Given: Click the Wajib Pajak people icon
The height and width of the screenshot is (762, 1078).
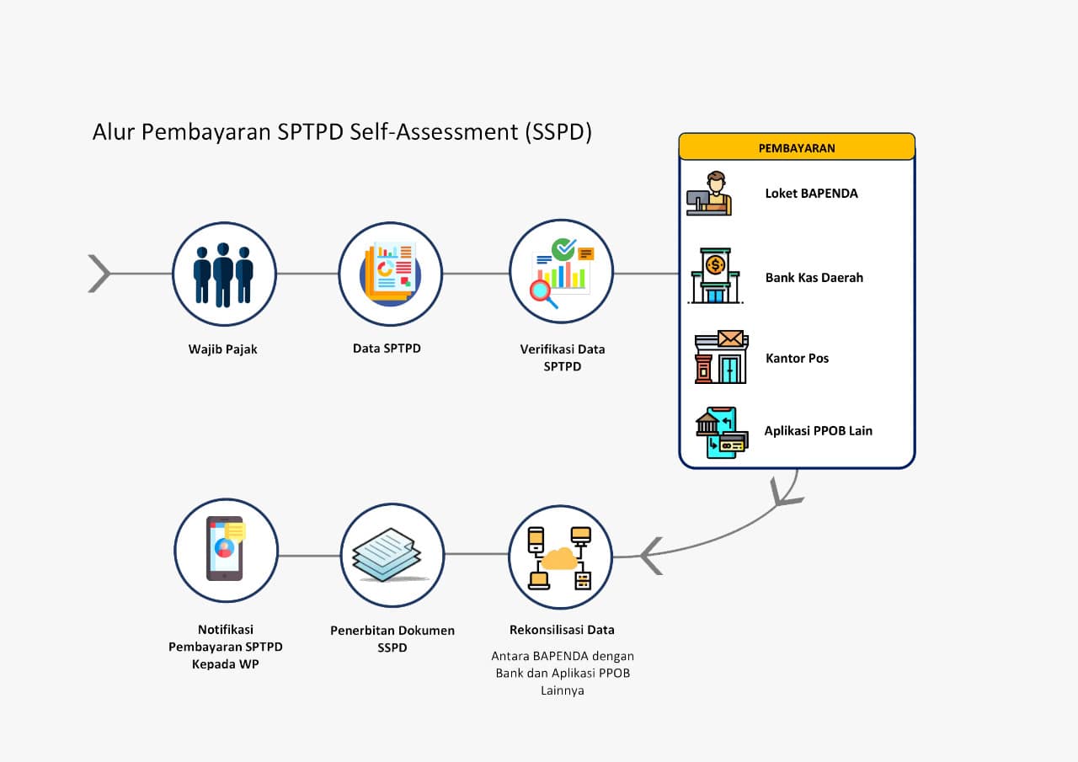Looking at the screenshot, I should click(x=224, y=274).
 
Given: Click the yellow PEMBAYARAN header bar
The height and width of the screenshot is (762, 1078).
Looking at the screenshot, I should click(x=797, y=147).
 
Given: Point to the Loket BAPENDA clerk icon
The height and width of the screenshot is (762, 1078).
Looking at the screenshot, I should click(x=709, y=194).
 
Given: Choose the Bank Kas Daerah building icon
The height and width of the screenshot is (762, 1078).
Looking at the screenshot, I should click(x=715, y=276).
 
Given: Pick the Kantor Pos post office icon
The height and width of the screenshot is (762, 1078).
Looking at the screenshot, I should click(x=720, y=357).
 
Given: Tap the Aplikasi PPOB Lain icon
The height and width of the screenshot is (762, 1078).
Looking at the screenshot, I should click(x=721, y=432).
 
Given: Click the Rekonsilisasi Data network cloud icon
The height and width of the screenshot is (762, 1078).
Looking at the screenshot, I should click(x=560, y=557).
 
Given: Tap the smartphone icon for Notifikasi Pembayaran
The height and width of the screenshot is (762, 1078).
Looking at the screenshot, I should click(x=225, y=549).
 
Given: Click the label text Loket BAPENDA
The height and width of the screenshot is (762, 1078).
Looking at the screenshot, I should click(x=811, y=194).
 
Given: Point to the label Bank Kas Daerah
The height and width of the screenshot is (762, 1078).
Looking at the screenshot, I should click(x=814, y=278).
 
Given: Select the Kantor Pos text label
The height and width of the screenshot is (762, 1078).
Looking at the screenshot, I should click(x=797, y=359).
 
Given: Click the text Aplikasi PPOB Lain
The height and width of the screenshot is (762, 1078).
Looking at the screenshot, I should click(x=818, y=431).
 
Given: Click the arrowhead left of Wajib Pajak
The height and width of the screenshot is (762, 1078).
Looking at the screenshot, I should click(x=99, y=274).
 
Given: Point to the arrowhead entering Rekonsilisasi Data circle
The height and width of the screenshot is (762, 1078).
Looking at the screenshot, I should click(x=651, y=557).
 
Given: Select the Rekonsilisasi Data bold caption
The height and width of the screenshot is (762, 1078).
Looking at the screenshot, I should click(x=562, y=630).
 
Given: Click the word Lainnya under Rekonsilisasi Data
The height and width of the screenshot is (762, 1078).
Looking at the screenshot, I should click(x=562, y=690).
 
